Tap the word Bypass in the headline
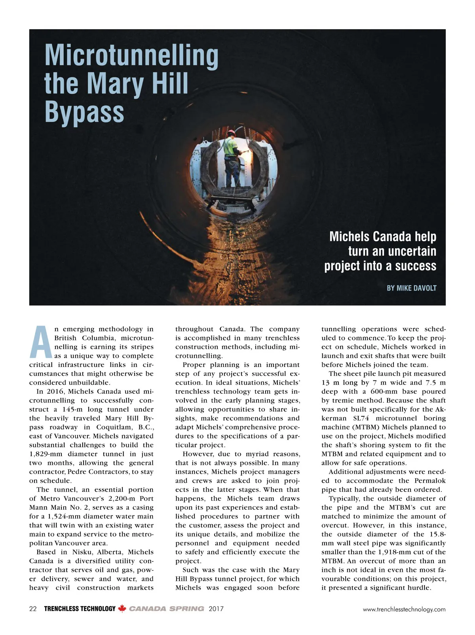click(84, 112)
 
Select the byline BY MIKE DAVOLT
click(411, 288)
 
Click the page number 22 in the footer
click(33, 609)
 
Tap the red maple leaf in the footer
click(122, 609)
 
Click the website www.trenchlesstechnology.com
click(404, 609)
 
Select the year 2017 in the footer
click(216, 609)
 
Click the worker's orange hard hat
click(230, 134)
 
